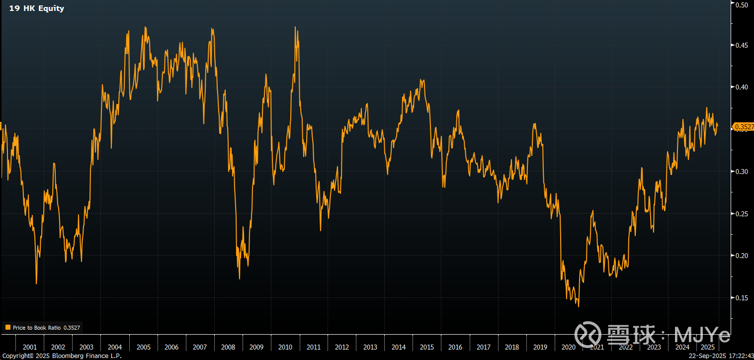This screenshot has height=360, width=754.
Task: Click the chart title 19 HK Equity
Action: pos(37,8)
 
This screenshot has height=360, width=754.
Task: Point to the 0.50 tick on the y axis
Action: pos(742,4)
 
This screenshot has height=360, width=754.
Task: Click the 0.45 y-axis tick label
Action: pos(742,45)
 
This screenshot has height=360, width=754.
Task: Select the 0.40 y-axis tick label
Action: pos(742,87)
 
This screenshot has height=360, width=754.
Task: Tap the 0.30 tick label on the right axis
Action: pos(742,172)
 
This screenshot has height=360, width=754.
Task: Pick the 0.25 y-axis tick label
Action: pos(742,214)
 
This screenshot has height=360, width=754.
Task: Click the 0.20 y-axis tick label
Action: pos(742,256)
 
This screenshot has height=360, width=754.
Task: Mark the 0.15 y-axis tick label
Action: pos(742,298)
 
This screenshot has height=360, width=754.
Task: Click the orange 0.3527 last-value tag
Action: pos(743,127)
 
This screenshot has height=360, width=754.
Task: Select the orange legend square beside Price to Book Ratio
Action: pos(7,328)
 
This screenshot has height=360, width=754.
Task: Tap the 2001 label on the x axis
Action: pos(30,347)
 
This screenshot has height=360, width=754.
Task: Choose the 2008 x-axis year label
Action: pos(229,347)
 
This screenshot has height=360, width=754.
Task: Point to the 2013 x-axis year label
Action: pos(370,347)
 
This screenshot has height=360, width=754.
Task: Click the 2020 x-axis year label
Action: pos(569,347)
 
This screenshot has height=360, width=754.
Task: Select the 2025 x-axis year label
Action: pos(708,347)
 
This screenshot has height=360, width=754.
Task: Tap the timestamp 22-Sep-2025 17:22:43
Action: pos(722,356)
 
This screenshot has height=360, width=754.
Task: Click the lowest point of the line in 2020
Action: pos(578,306)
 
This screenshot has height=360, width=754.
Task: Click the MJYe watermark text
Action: pos(702,334)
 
